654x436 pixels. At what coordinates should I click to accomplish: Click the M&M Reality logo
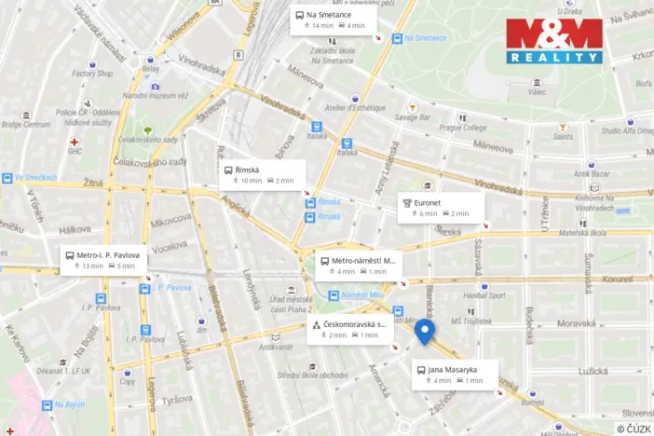[553, 40]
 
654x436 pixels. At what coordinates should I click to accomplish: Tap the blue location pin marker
[424, 332]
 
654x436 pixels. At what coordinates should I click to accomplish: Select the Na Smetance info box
[333, 20]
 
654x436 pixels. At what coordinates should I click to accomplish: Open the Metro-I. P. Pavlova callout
[103, 259]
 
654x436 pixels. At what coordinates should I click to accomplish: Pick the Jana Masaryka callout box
[455, 375]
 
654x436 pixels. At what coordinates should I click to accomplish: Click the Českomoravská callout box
[350, 329]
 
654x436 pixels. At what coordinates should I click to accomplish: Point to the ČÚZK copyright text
[633, 428]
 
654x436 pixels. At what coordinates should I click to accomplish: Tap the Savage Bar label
[412, 118]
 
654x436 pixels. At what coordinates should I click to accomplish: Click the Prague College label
[463, 128]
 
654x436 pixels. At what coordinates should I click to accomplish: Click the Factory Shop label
[92, 74]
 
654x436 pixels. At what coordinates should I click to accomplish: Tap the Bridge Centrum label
[25, 124]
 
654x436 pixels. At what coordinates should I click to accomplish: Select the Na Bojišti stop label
[70, 404]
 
